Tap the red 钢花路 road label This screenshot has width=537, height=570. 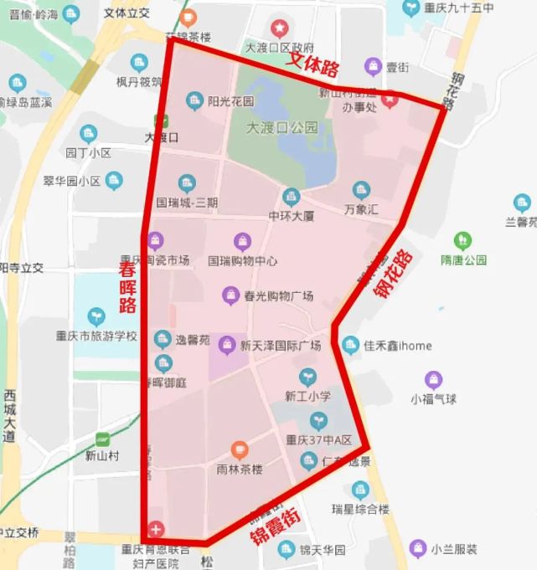[x=394, y=278]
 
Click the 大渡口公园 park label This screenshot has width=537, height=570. [x=282, y=128]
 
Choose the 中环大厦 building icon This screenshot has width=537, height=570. [x=291, y=198]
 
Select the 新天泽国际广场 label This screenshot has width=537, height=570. [x=281, y=346]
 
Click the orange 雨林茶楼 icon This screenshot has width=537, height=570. [x=240, y=450]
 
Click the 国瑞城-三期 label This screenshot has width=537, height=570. [x=188, y=203]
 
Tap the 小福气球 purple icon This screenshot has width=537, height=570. [x=432, y=380]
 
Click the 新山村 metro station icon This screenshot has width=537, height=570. [x=102, y=439]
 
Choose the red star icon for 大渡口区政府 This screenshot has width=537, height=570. [x=277, y=28]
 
